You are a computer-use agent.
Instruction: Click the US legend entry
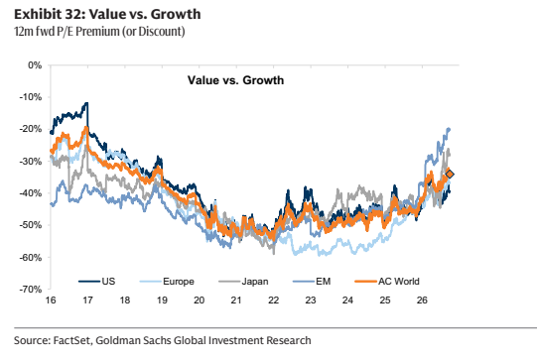[x=97, y=282]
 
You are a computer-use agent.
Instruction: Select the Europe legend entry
[x=167, y=282]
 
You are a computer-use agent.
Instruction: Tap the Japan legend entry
[x=243, y=282]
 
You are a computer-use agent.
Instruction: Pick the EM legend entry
[x=312, y=282]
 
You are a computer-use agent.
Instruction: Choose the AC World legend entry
[x=387, y=282]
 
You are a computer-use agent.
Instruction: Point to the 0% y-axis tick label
[x=35, y=65]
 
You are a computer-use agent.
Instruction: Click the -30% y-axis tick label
[x=31, y=161]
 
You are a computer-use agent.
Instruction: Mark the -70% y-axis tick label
[x=31, y=290]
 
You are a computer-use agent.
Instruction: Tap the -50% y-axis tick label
[x=31, y=225]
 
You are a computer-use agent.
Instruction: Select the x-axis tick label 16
[x=51, y=300]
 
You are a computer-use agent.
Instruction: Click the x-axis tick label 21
[x=236, y=300]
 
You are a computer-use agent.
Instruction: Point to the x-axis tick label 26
[x=422, y=300]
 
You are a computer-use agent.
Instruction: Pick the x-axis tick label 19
[x=162, y=300]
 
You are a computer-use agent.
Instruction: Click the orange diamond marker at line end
[x=450, y=175]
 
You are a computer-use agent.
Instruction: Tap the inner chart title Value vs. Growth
[x=235, y=80]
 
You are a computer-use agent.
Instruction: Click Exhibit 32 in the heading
[x=52, y=14]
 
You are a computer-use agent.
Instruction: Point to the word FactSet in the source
[x=71, y=340]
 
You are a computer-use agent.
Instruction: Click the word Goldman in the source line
[x=117, y=340]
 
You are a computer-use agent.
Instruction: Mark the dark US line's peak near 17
[x=87, y=103]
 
